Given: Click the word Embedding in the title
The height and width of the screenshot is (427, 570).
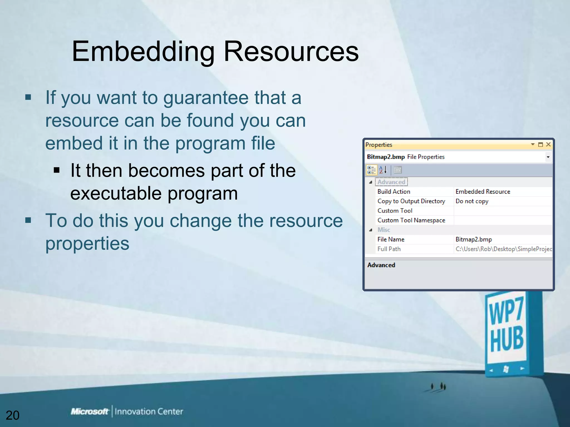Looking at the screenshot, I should point(143,52).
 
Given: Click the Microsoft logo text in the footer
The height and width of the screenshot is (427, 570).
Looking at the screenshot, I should point(89,411).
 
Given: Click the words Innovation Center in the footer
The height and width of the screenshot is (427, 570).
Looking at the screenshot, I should point(149,411).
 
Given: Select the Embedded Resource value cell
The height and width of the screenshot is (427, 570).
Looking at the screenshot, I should point(483,192).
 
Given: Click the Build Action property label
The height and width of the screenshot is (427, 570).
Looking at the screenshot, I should point(394,192).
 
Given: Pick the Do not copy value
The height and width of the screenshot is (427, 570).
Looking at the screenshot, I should point(472,201).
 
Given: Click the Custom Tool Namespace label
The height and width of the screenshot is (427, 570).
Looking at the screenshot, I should point(411,220).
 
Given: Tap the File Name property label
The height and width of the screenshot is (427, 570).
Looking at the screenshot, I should point(391,239).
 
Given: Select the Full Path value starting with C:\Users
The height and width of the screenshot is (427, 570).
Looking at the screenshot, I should point(503,249).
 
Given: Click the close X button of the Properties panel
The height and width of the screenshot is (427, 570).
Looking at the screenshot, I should point(548,144).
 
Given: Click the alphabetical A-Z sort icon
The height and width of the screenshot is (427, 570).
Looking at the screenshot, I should point(383,170).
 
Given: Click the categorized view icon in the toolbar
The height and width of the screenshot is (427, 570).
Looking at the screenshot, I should point(371,170).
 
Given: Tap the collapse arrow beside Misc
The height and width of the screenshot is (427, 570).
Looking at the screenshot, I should point(370,230).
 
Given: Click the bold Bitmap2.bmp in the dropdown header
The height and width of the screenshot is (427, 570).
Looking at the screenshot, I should point(385,157).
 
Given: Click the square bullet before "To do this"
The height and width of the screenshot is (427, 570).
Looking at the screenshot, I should point(28,220).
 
